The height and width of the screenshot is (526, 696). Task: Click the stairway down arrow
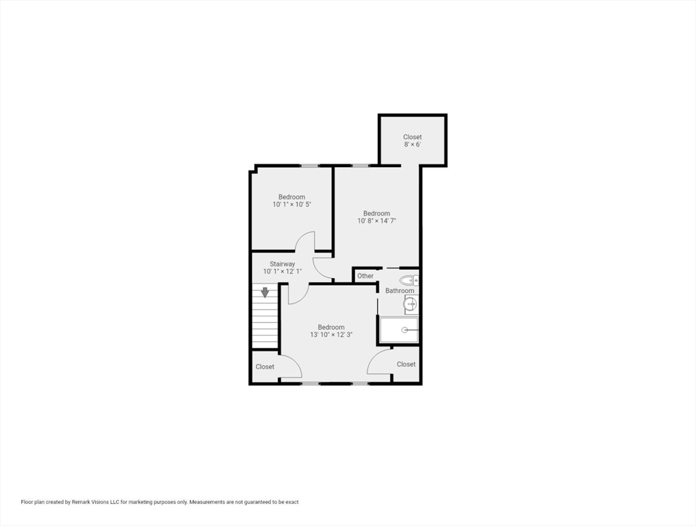click(265, 292)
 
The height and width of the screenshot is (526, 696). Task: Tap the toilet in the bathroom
click(409, 280)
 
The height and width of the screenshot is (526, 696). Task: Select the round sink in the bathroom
click(411, 304)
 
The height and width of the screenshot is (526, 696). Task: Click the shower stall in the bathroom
click(398, 330)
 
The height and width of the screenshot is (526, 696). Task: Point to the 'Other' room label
click(365, 276)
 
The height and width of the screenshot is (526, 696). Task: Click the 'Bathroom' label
click(400, 290)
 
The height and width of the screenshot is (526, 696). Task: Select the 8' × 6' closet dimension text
click(413, 145)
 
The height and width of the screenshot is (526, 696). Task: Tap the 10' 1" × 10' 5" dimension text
click(292, 204)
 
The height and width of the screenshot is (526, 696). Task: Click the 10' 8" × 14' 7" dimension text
click(377, 221)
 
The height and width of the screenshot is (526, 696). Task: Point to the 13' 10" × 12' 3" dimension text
click(331, 334)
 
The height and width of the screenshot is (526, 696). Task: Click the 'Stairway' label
click(283, 264)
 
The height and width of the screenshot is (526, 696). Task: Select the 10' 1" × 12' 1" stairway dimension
click(283, 271)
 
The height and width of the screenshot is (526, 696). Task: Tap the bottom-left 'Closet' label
click(265, 366)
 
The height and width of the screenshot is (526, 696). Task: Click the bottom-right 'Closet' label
click(406, 364)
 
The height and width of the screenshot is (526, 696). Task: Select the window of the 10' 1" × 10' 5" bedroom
click(310, 166)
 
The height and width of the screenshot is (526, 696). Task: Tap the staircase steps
click(265, 316)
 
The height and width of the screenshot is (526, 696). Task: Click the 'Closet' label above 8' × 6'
click(413, 137)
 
